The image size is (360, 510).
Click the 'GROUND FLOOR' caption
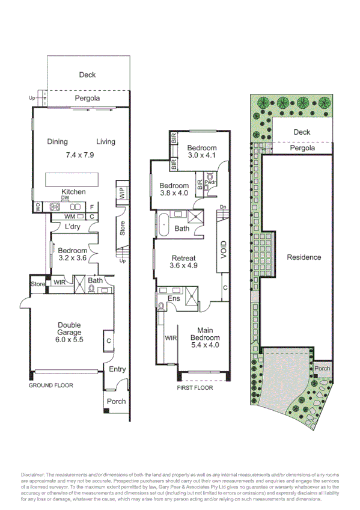51,385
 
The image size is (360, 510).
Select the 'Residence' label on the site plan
304,257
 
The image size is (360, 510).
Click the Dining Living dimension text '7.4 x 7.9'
81,155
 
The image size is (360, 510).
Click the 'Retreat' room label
184,258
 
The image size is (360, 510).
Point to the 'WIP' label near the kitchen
122,193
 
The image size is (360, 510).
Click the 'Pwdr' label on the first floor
210,182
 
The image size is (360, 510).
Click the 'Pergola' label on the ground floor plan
87,98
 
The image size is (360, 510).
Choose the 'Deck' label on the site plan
302,132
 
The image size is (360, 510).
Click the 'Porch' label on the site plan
322,369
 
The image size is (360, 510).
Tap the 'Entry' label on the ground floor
117,369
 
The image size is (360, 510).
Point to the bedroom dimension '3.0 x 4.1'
201,156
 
